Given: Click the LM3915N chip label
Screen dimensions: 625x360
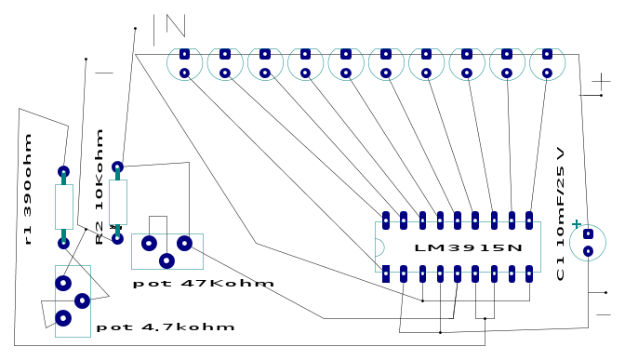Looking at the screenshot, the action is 469,247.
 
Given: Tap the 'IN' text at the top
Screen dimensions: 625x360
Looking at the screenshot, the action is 169,30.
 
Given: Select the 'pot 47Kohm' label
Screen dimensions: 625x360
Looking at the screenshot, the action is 204,284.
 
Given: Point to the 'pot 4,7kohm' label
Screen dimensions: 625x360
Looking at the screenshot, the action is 166,327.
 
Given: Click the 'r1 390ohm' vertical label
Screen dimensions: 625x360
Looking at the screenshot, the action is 27,190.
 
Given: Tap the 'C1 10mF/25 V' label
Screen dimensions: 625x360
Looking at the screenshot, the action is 560,214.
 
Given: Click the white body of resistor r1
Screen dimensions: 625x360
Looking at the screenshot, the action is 64,207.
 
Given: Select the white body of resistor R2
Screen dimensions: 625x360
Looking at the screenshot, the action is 117,202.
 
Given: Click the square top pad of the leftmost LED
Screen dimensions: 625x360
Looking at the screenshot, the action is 184,54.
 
